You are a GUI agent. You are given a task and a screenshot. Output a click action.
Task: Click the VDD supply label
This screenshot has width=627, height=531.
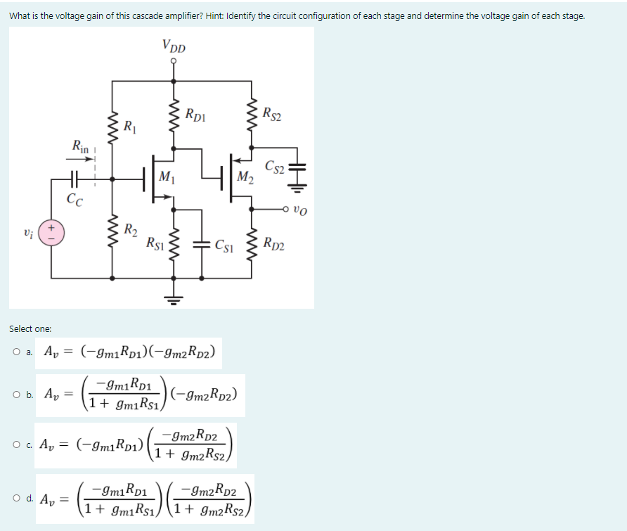(174, 47)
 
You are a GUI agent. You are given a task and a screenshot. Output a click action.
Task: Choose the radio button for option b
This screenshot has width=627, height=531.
(14, 393)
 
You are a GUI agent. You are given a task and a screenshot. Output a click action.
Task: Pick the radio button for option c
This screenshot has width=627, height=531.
(14, 444)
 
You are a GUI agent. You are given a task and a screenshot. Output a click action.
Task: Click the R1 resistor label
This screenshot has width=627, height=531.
(130, 127)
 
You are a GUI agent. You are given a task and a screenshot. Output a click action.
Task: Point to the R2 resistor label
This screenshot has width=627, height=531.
(130, 229)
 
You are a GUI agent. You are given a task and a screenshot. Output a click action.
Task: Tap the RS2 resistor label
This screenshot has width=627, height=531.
(272, 113)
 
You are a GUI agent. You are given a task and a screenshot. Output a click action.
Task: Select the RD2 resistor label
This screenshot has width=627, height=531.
(274, 244)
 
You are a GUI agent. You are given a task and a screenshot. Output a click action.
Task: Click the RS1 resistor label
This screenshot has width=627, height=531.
(155, 244)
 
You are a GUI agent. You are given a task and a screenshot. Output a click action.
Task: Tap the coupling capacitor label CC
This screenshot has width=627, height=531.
(75, 199)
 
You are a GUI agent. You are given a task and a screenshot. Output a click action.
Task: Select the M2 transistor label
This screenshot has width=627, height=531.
(245, 175)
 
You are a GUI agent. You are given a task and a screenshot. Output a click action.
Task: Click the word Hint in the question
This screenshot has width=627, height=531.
(221, 15)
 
